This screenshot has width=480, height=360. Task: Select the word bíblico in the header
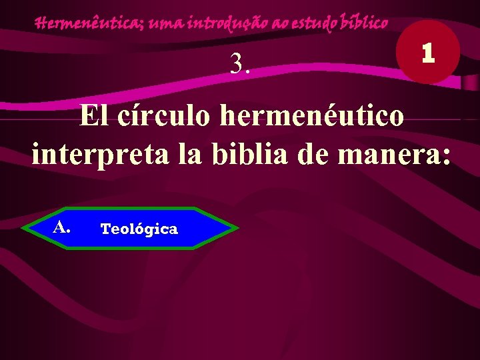tap(363, 23)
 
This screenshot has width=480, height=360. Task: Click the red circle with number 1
tap(427, 53)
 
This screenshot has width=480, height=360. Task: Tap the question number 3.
tap(240, 63)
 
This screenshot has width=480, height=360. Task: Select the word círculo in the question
tap(161, 116)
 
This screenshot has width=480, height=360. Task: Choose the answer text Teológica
tap(139, 229)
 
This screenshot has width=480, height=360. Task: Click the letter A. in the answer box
tap(62, 227)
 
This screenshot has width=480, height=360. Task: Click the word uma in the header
tap(166, 25)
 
